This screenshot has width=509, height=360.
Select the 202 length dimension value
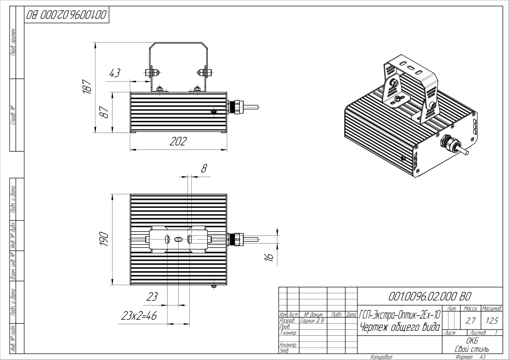point(178,142)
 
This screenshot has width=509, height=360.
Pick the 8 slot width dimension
point(204,168)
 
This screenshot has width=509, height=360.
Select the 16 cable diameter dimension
point(269,257)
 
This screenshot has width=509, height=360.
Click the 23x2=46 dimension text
point(139,316)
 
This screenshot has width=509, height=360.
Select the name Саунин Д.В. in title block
point(312,321)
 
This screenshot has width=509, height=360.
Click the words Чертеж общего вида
point(399,327)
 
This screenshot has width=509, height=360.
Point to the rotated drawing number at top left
point(66,15)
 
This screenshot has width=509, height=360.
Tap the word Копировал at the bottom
point(381,357)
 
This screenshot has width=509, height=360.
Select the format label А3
point(482,357)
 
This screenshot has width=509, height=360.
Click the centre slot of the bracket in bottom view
point(178,239)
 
